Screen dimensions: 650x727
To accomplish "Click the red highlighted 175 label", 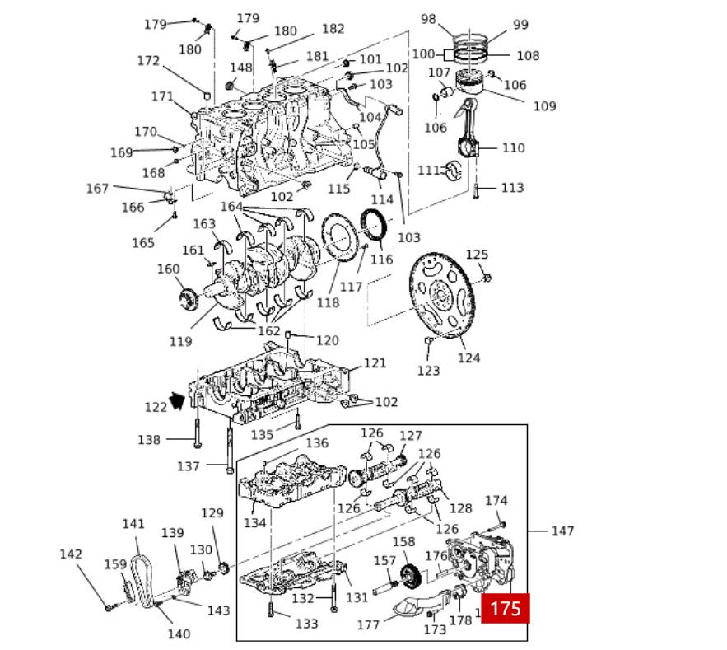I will tap(505, 609).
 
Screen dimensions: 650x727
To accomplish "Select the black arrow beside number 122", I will tap(176, 401).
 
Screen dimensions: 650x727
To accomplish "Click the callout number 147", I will tap(562, 531).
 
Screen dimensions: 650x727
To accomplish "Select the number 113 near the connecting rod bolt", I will tap(512, 188).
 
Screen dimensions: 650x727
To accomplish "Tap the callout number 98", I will tap(428, 19).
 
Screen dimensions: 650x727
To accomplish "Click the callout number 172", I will tap(148, 61).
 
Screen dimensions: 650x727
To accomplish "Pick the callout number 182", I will tap(333, 29).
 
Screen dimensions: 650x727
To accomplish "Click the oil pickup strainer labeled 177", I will tap(404, 612).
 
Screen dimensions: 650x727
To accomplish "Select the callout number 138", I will tap(149, 440).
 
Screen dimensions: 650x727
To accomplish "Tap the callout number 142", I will tap(71, 554).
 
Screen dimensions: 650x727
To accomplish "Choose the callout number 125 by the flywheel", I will tap(477, 255).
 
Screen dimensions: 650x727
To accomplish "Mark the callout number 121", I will tap(375, 363).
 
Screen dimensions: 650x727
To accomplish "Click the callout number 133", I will tap(306, 624).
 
